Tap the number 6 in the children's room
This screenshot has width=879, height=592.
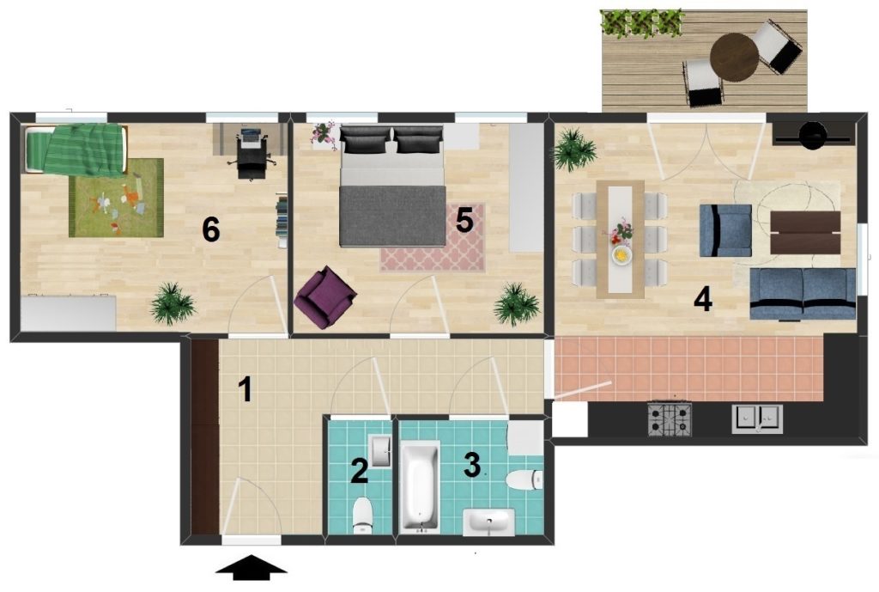pyautogui.click(x=211, y=229)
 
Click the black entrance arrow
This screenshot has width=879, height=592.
pyautogui.click(x=252, y=567)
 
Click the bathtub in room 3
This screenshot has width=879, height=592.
pyautogui.click(x=420, y=486)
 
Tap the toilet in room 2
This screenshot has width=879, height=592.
pyautogui.click(x=363, y=515)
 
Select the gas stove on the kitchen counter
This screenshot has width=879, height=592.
pyautogui.click(x=670, y=418)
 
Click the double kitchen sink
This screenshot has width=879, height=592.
pyautogui.click(x=757, y=418)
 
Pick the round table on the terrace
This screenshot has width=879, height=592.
pyautogui.click(x=735, y=57)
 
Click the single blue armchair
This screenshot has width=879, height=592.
pyautogui.click(x=724, y=230)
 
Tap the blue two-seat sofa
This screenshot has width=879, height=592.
pyautogui.click(x=803, y=294)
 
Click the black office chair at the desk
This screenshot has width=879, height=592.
pyautogui.click(x=251, y=156)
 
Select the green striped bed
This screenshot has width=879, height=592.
pyautogui.click(x=75, y=150)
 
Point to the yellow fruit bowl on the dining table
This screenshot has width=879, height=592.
pyautogui.click(x=621, y=255)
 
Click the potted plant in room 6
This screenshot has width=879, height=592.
pyautogui.click(x=172, y=303)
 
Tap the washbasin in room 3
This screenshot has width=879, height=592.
pyautogui.click(x=488, y=522)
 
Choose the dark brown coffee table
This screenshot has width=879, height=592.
pyautogui.click(x=805, y=232)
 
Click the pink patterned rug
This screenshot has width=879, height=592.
pyautogui.click(x=433, y=239)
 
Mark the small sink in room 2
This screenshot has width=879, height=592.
pyautogui.click(x=380, y=450)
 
